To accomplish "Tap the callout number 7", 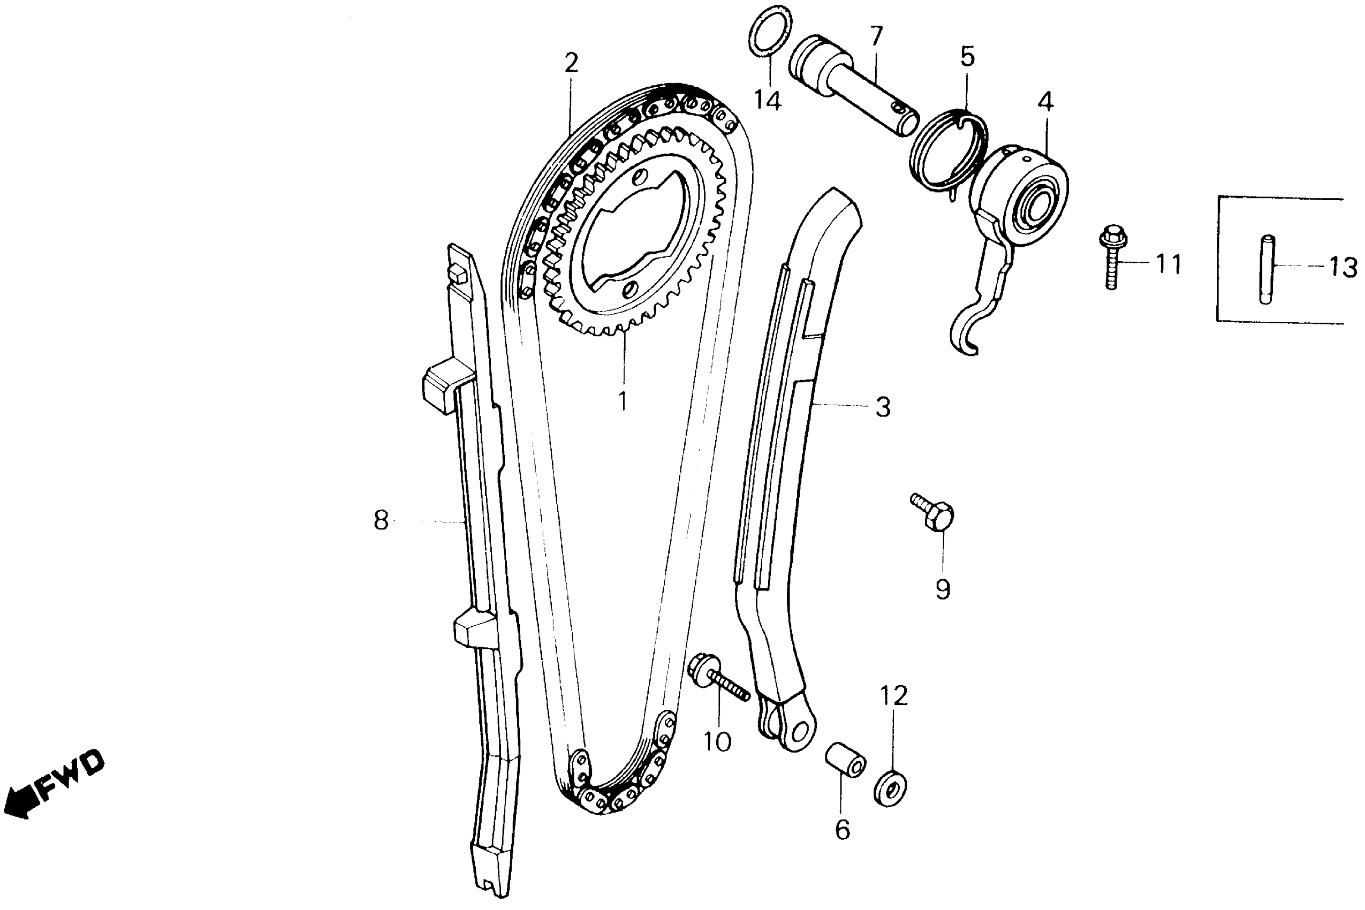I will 876,36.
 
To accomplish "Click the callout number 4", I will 1045,102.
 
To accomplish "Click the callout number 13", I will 1343,268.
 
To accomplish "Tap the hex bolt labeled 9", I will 935,512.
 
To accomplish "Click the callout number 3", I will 883,407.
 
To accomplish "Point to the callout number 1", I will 623,400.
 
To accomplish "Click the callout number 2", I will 571,63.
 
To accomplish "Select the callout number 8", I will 381,521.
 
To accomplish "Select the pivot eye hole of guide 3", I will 801,730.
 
